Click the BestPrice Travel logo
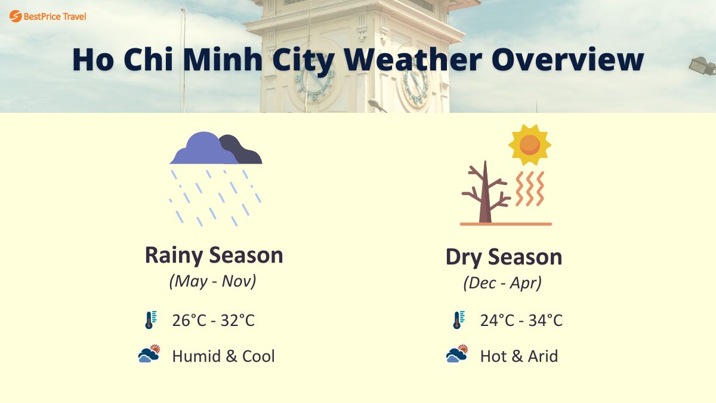click(x=48, y=16)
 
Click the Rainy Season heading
click(x=214, y=256)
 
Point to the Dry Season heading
click(x=504, y=257)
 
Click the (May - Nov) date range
click(x=212, y=281)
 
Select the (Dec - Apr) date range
click(x=502, y=283)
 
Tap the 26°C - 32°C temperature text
click(x=213, y=321)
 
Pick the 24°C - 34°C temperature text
click(x=521, y=321)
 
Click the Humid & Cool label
click(x=223, y=356)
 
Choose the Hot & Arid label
click(x=519, y=356)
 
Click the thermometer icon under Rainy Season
click(x=150, y=321)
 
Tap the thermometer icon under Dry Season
click(x=457, y=321)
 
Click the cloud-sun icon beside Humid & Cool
click(x=149, y=355)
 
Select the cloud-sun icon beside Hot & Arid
click(x=457, y=355)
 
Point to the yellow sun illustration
click(x=529, y=144)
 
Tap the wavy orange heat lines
click(x=530, y=189)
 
